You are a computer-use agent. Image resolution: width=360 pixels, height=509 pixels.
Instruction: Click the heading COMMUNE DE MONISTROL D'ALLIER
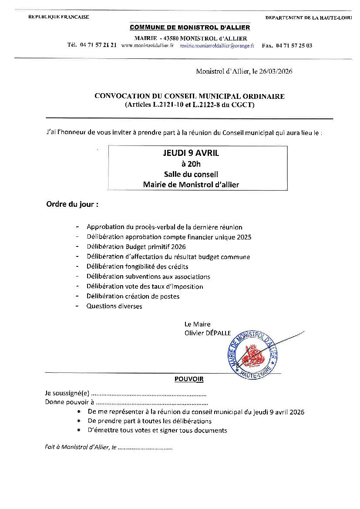[x=190, y=27]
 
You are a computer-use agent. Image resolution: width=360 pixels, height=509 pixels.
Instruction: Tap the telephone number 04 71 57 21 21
[x=98, y=45]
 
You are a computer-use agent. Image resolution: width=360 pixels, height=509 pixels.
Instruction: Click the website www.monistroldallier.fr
[x=148, y=45]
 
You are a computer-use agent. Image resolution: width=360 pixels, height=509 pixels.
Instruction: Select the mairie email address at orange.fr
[x=217, y=45]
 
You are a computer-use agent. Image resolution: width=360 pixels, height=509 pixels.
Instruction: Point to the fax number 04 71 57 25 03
[x=294, y=45]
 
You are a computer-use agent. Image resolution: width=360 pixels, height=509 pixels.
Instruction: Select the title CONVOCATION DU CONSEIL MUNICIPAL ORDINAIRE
[x=189, y=96]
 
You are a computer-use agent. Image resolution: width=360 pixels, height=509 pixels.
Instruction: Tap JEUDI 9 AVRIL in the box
[x=191, y=153]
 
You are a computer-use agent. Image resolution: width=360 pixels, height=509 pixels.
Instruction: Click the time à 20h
[x=191, y=164]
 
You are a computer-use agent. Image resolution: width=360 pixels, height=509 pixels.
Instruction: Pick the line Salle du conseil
[x=191, y=174]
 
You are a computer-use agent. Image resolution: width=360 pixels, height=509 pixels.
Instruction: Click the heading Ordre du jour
[x=72, y=204]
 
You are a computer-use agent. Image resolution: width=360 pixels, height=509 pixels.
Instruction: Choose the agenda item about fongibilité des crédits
[x=137, y=266]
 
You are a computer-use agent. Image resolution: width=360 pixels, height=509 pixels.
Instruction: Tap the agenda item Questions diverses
[x=114, y=306]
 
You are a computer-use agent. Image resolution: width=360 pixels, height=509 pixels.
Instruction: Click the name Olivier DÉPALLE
[x=208, y=333]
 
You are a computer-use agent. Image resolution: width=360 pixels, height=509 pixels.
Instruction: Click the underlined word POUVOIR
[x=189, y=379]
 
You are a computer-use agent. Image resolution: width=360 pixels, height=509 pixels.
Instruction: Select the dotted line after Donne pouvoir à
[x=151, y=403]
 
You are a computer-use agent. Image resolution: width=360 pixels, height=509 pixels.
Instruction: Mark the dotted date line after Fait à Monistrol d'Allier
[x=145, y=448]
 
